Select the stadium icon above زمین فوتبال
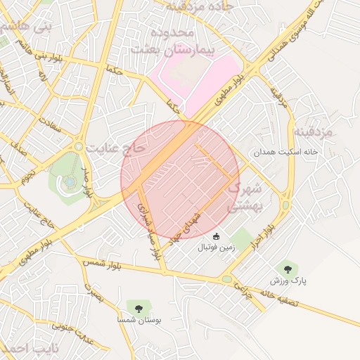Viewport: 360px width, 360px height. (x=217, y=236)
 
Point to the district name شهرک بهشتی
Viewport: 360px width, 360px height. (x=246, y=197)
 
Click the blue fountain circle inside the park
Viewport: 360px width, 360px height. (x=70, y=181)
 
